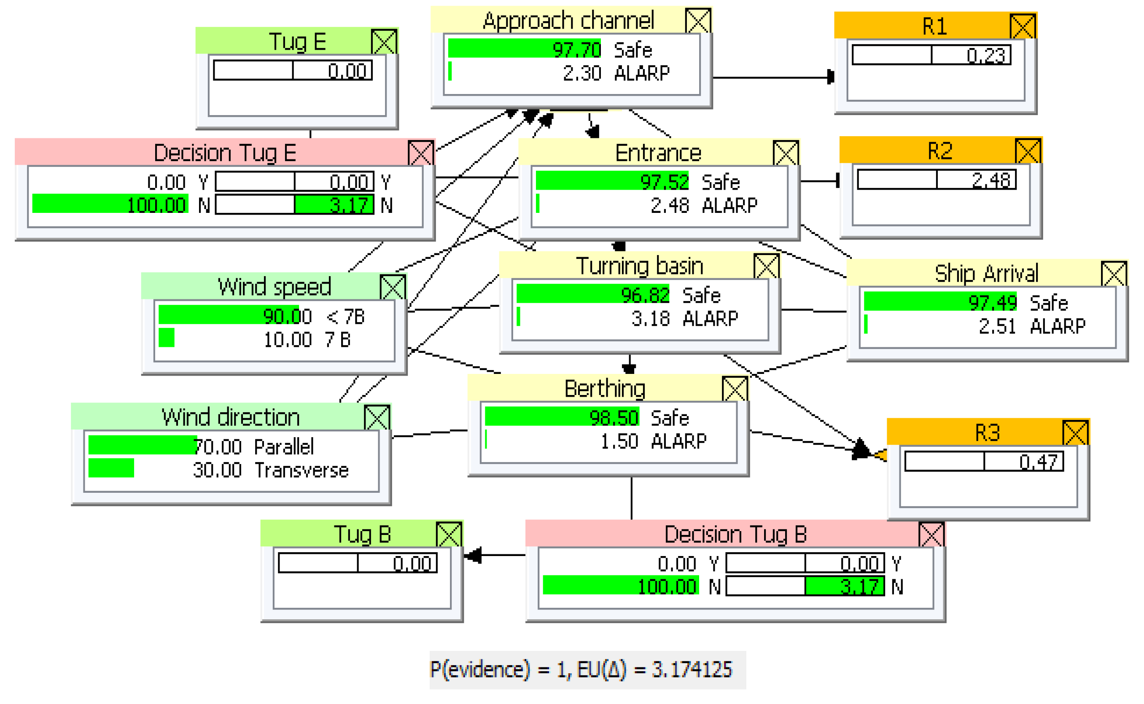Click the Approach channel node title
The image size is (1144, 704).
pyautogui.click(x=568, y=21)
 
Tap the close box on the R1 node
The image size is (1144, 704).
pyautogui.click(x=1023, y=27)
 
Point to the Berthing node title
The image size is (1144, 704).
pyautogui.click(x=604, y=389)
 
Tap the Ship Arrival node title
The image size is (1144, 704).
pyautogui.click(x=986, y=273)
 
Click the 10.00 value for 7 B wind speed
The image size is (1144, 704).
pyautogui.click(x=287, y=340)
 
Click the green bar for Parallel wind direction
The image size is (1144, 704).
pyautogui.click(x=142, y=446)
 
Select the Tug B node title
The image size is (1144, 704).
pyautogui.click(x=362, y=534)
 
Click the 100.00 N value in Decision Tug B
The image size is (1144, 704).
pyautogui.click(x=667, y=587)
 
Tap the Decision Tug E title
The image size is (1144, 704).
pyautogui.click(x=225, y=153)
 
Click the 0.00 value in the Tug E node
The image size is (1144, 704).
pyautogui.click(x=347, y=71)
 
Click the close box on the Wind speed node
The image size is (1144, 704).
pyautogui.click(x=393, y=287)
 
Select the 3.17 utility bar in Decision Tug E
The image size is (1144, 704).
pyautogui.click(x=334, y=205)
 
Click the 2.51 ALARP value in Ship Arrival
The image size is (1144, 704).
pyautogui.click(x=997, y=326)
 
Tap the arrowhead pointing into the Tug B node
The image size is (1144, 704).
pyautogui.click(x=473, y=556)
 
